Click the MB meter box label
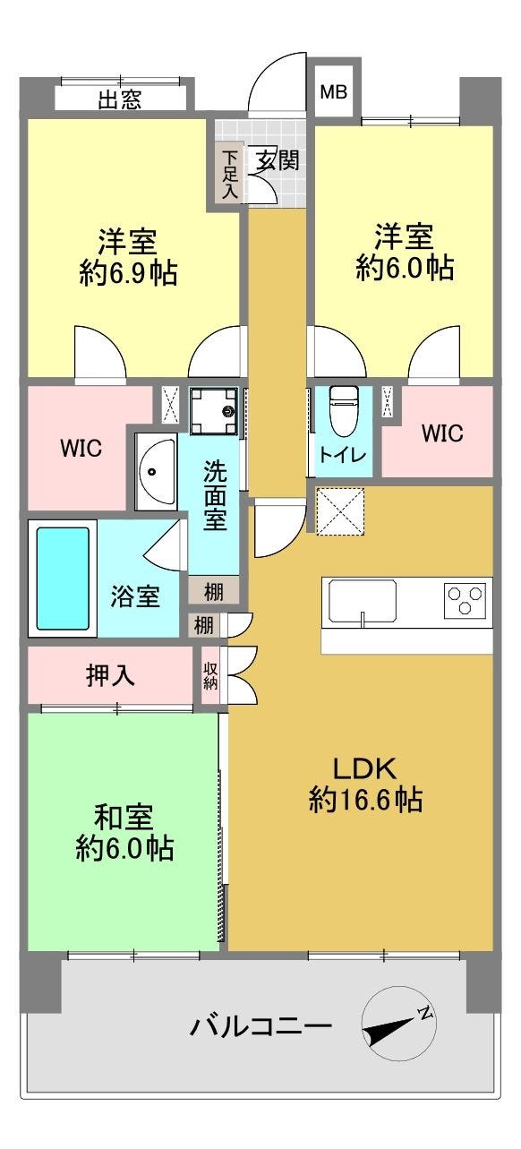(x=333, y=92)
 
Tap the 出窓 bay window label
(x=119, y=99)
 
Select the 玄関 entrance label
(x=278, y=161)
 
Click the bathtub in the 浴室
(x=63, y=578)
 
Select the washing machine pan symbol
(x=214, y=411)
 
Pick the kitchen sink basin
(x=362, y=603)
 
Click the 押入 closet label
(x=110, y=675)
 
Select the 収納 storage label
(x=210, y=675)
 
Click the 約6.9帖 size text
(x=128, y=272)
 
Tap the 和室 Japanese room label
(x=124, y=817)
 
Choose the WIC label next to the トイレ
(x=442, y=433)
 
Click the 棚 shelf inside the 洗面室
(x=214, y=591)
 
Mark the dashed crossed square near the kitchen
(x=340, y=511)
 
